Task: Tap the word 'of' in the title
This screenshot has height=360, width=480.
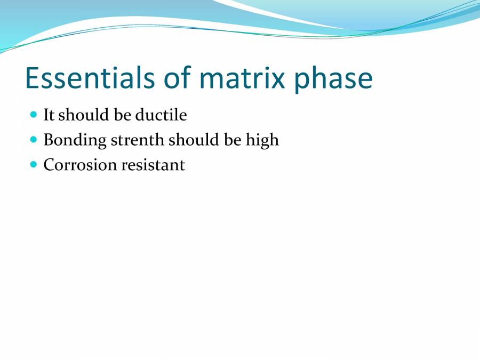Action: (179, 78)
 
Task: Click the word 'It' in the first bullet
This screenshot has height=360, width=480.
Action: (49, 115)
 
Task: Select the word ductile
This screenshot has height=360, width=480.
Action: (161, 115)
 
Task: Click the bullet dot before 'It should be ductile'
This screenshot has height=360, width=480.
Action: (34, 114)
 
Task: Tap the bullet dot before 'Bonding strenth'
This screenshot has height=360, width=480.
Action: (34, 140)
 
